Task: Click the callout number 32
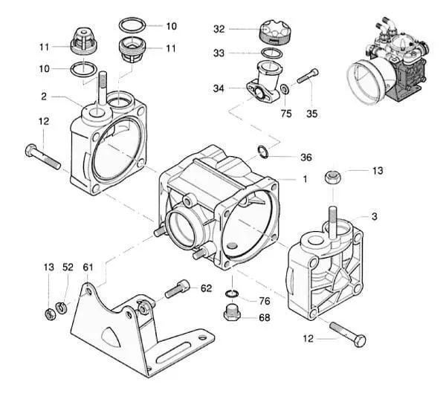tap(219, 29)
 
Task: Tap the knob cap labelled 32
tap(274, 31)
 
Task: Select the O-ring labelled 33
tap(271, 53)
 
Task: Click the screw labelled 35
tap(308, 76)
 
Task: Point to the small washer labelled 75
tap(285, 89)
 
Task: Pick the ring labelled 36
tap(263, 152)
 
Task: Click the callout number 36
tap(306, 158)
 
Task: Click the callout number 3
tap(375, 216)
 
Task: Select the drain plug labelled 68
tap(232, 313)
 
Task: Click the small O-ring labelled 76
tap(232, 293)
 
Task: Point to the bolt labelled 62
tap(177, 289)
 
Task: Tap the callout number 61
tap(88, 267)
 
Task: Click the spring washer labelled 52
tap(61, 308)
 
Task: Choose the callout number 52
tap(68, 267)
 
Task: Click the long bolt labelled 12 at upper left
tap(42, 157)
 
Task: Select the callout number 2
tap(44, 97)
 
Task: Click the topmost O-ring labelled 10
tap(132, 25)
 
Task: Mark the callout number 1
tap(305, 179)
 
